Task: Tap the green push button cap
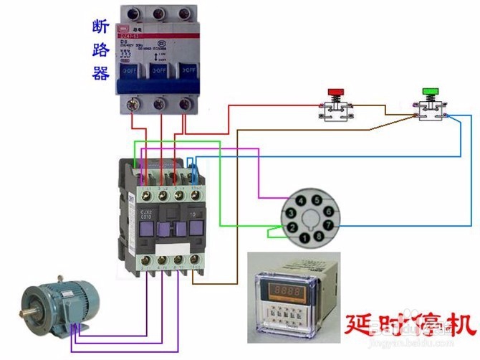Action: [431, 91]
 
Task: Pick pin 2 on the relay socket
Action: [293, 227]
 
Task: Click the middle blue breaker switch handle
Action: [160, 71]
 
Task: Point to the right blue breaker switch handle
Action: [188, 71]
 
